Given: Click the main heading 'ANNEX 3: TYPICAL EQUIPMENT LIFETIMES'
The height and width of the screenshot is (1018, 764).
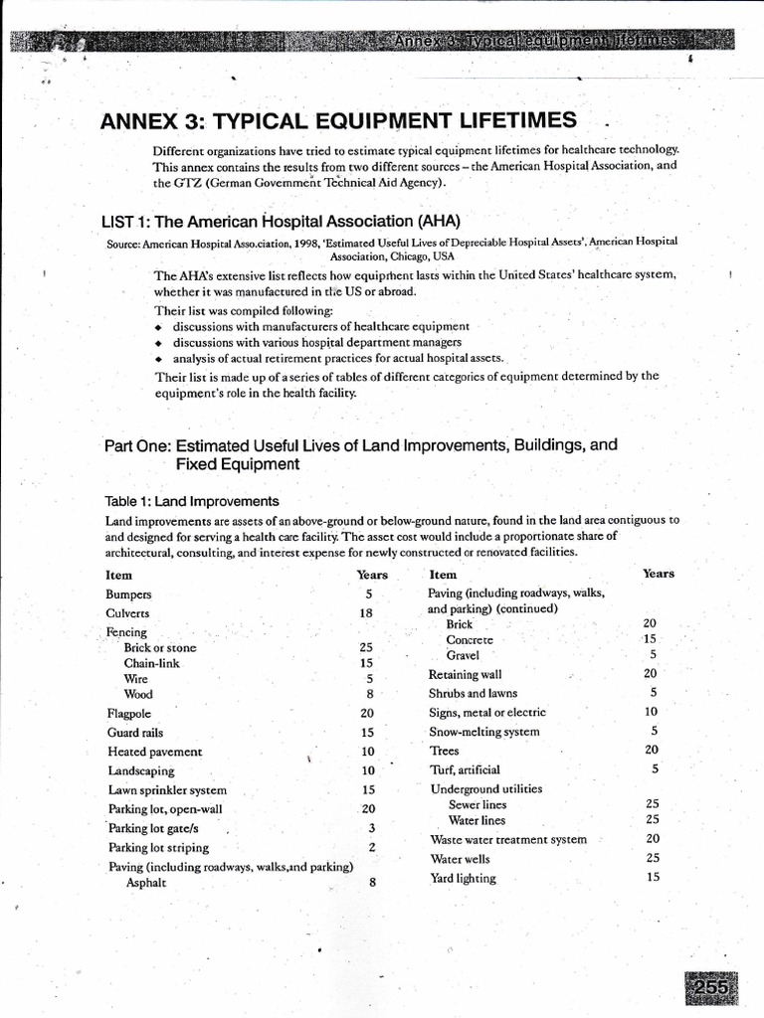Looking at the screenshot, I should coord(338,121).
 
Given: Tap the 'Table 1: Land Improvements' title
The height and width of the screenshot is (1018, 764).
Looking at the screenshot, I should coord(192,501).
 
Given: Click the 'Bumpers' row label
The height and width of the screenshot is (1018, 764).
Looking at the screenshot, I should coord(128,594).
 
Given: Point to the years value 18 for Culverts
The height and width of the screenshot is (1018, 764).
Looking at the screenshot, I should coord(366,613).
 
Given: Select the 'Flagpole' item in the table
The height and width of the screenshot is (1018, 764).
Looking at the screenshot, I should coord(127,713).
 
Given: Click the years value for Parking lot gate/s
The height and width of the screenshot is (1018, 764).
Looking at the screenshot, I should coord(371,827).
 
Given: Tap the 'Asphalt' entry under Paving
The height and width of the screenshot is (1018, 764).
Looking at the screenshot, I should coord(145,883).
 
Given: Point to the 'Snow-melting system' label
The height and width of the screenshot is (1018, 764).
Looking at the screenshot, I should coord(484,732).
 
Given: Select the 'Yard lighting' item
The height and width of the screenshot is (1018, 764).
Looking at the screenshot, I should coord(463,878).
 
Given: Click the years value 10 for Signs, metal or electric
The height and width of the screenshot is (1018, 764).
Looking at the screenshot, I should coord(652,712).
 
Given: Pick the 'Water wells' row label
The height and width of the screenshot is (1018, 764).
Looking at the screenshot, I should coord(460,858).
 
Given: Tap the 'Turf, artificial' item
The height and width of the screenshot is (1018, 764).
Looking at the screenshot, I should coord(465,769).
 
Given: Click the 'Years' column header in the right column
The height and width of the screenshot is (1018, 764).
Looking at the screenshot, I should coord(659,573).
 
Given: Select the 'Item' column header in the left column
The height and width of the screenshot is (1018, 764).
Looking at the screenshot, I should coord(118,575).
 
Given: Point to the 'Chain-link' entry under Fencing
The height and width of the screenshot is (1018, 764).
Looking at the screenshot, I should coord(153,662).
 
